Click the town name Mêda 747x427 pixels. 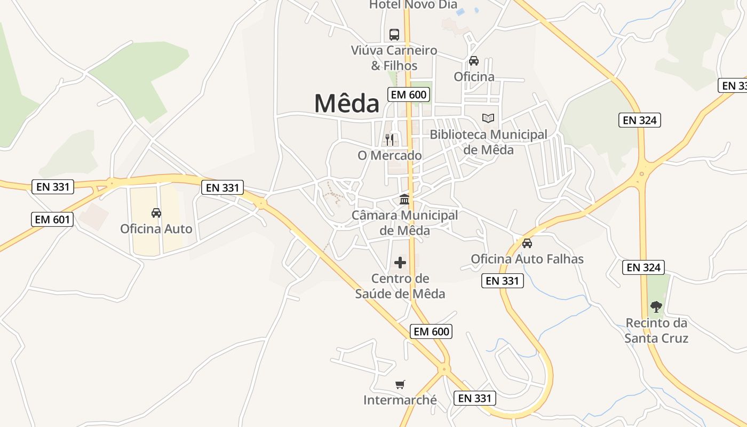(x=346, y=104)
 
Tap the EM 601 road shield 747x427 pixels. (x=52, y=219)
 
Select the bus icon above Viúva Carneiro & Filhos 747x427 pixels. (x=394, y=35)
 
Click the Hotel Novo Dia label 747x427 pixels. (x=413, y=5)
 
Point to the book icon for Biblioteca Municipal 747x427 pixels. (x=488, y=118)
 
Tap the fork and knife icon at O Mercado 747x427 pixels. (x=390, y=140)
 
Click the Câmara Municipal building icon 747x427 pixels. (x=404, y=200)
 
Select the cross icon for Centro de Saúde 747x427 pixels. (x=400, y=263)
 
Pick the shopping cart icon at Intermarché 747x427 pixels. (x=400, y=384)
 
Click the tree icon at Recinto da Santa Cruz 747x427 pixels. (x=656, y=307)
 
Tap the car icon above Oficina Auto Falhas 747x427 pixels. (x=527, y=243)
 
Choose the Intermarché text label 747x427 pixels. (x=400, y=400)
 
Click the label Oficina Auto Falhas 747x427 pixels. (x=527, y=259)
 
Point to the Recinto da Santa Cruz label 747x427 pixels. (x=656, y=330)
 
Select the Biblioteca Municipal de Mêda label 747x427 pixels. (x=488, y=142)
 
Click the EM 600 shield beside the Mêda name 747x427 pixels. (x=409, y=95)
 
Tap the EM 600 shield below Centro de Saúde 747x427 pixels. (x=432, y=331)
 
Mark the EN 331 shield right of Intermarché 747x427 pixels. (x=475, y=398)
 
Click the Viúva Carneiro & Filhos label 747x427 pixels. (x=394, y=58)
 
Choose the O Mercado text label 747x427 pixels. (x=390, y=155)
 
